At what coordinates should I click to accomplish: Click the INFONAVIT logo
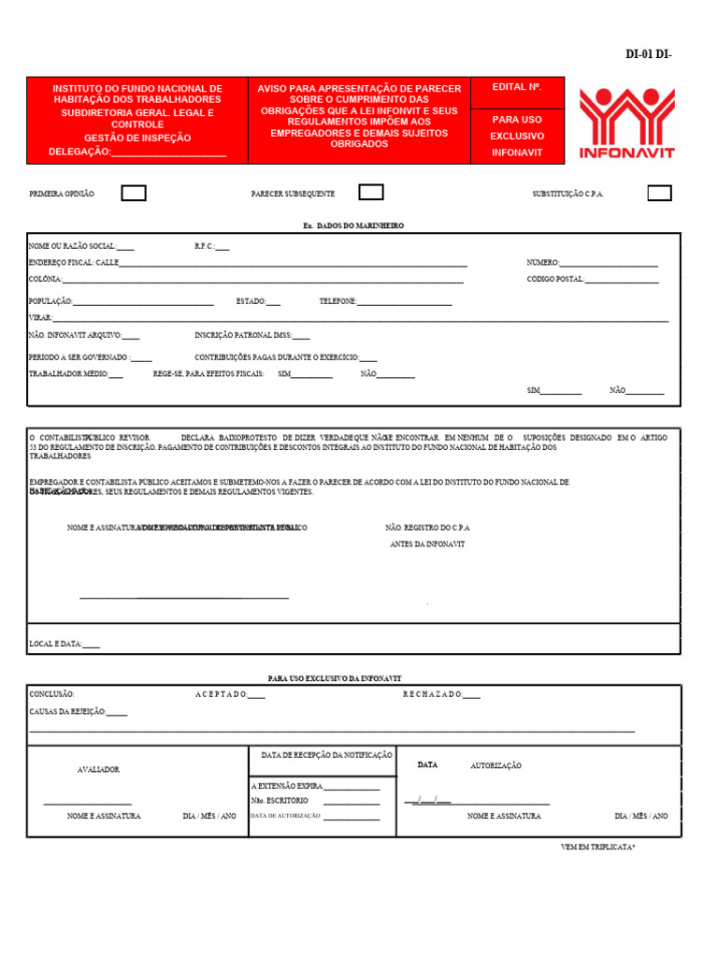point(626,123)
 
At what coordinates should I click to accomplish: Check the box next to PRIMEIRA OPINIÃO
point(134,194)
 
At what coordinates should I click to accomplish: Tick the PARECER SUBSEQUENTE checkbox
point(371,193)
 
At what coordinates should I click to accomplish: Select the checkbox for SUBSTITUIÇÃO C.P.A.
point(659,194)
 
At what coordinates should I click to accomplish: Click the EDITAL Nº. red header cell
point(517,88)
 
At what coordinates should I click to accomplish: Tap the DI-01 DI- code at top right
point(648,54)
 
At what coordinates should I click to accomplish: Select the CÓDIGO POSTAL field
point(593,280)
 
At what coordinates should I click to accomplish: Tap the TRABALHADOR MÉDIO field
point(76,374)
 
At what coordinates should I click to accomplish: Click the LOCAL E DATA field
point(65,645)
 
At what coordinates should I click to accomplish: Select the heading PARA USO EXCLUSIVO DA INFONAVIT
point(334,678)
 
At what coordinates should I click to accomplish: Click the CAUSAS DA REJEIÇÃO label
point(78,712)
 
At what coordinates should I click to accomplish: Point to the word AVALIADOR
point(98,770)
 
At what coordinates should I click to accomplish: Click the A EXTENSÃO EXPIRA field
point(315,787)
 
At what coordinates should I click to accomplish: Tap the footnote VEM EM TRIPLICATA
point(597,847)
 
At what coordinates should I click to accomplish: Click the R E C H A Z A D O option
point(441,695)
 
